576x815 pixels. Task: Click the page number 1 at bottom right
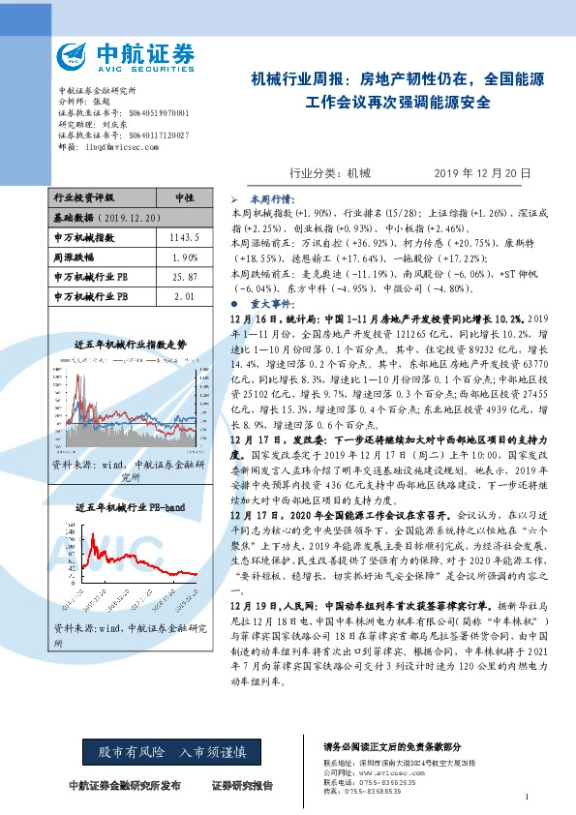pos(526,798)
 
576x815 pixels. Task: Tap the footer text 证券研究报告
pos(245,785)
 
